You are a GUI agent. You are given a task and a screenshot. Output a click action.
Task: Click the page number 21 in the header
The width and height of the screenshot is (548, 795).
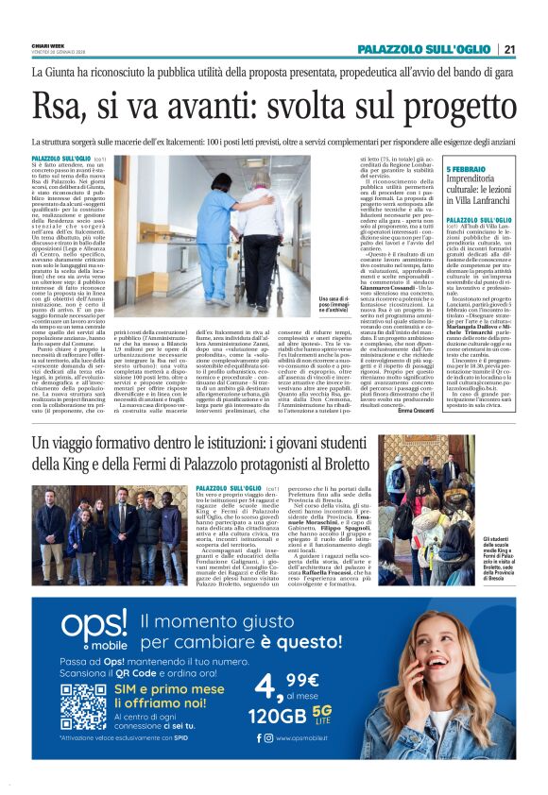[509, 49]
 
